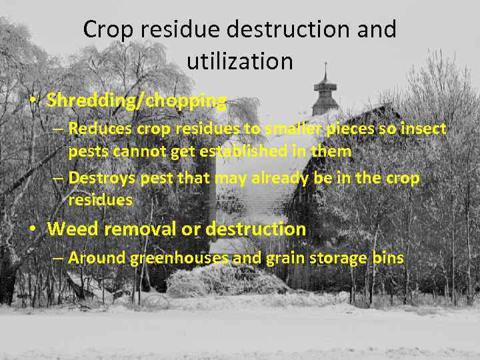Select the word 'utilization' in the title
(x=240, y=61)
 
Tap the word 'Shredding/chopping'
(x=137, y=101)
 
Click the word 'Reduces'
(x=97, y=129)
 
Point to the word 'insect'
(x=425, y=129)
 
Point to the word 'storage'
(x=336, y=259)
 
